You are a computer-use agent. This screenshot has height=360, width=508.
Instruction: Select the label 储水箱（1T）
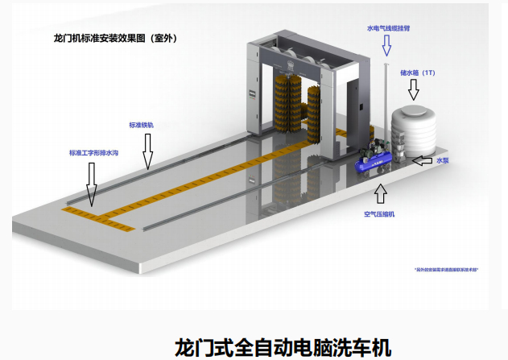tap(419, 72)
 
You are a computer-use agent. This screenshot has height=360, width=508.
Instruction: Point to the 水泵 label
tap(441, 160)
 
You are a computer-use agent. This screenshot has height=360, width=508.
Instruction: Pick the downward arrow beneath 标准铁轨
tap(147, 151)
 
